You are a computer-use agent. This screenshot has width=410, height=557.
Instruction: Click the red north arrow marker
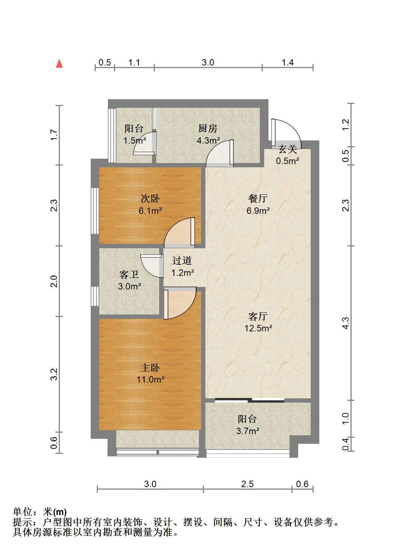[59, 64]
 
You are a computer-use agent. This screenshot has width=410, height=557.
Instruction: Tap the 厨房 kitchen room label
[208, 129]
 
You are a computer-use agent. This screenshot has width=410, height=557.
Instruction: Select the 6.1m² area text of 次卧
[150, 211]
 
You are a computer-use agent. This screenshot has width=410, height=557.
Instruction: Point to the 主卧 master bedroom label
[150, 368]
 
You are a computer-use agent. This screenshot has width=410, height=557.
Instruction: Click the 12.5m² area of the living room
[258, 328]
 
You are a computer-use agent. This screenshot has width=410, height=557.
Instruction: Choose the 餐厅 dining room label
[258, 199]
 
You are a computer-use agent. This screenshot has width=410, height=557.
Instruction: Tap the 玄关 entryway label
[287, 149]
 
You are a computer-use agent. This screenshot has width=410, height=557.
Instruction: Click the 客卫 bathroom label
[129, 274]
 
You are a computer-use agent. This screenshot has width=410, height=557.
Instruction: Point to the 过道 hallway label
[182, 261]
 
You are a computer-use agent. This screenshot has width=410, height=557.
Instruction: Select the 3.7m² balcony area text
[248, 431]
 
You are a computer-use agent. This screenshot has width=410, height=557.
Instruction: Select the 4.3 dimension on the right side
[345, 323]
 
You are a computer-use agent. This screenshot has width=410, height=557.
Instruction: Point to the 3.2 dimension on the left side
[54, 374]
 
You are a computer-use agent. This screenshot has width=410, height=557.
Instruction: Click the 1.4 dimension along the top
[287, 62]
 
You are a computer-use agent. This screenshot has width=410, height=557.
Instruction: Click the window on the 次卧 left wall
[95, 211]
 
